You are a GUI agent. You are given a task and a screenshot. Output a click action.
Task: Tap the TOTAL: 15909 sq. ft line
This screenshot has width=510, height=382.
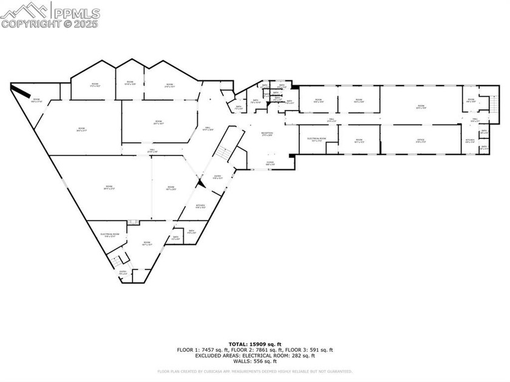(x=255, y=344)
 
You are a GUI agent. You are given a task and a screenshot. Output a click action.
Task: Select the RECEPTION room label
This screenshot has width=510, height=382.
(x=267, y=134)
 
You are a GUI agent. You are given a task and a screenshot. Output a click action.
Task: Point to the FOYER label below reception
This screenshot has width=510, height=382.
(x=271, y=163)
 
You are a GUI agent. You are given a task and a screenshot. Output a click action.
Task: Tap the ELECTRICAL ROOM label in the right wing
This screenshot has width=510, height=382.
(x=317, y=140)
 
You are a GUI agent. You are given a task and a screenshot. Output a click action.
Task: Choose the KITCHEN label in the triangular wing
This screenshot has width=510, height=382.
(x=200, y=206)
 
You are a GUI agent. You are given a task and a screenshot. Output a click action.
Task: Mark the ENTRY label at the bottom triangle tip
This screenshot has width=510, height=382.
(x=123, y=273)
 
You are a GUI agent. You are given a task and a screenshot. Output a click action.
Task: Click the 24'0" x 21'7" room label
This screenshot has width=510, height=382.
(x=81, y=129)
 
